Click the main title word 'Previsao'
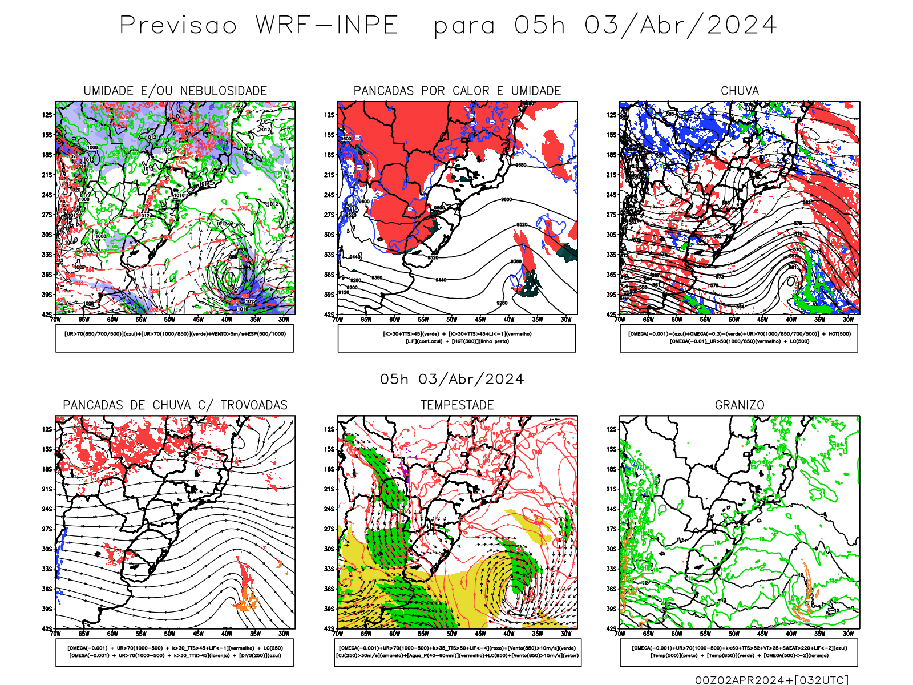click(178, 26)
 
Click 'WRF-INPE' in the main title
click(326, 26)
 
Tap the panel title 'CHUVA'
click(740, 91)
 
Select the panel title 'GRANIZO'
click(740, 405)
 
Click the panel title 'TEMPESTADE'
click(457, 405)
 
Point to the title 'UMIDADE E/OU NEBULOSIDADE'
click(175, 91)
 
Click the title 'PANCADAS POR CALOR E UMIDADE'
click(457, 91)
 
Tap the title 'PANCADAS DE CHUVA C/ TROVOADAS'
click(175, 405)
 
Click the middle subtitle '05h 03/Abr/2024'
click(452, 379)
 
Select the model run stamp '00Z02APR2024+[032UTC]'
click(771, 679)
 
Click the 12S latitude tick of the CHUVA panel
click(612, 115)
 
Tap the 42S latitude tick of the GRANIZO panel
click(612, 628)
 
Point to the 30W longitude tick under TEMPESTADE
click(566, 634)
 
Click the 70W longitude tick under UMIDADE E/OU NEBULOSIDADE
click(55, 320)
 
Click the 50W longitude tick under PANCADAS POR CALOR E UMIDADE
click(452, 320)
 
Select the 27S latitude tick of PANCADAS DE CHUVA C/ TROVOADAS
click(47, 529)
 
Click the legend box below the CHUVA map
click(739, 338)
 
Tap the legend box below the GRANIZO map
click(739, 652)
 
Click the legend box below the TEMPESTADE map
click(457, 652)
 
